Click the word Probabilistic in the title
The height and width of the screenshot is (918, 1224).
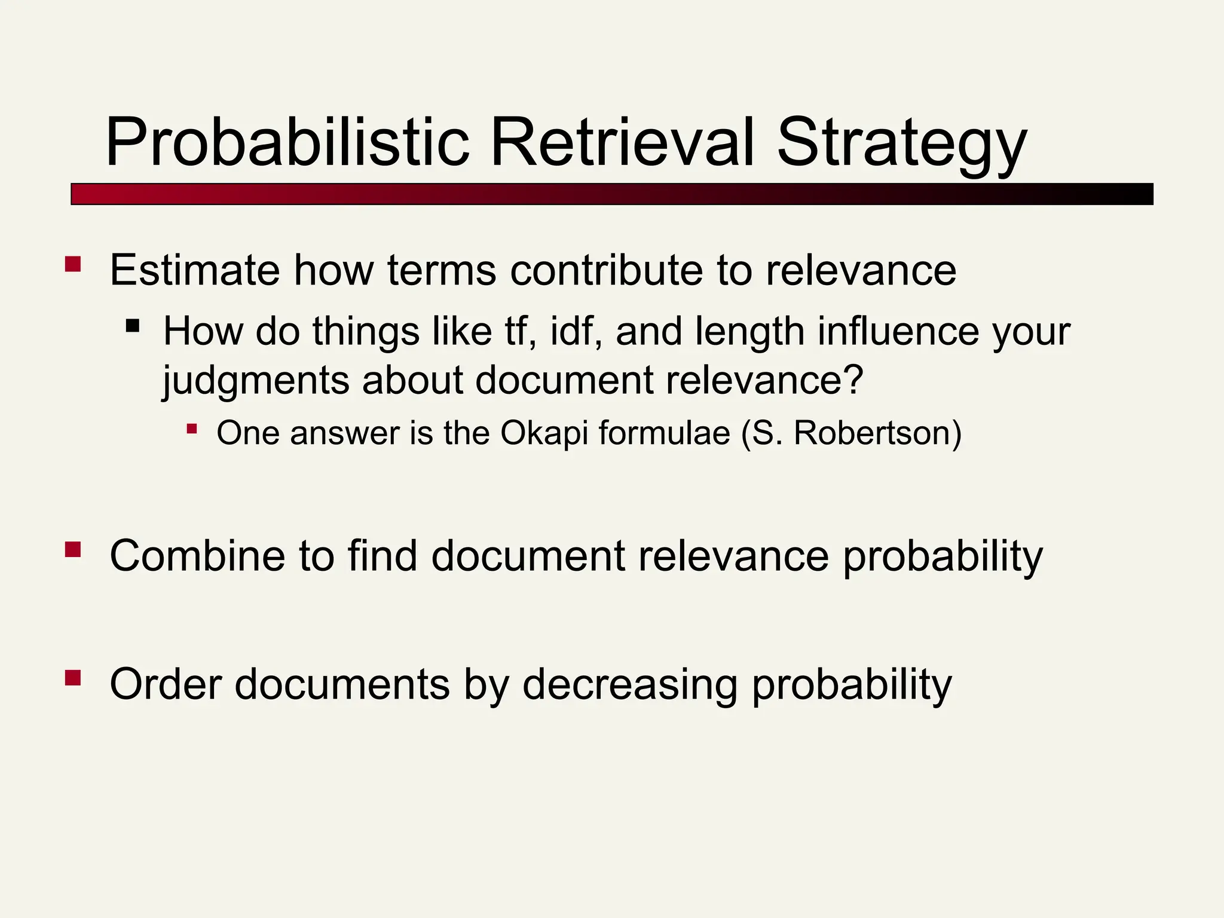coord(287,143)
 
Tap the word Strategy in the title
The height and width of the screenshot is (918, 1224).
coord(901,143)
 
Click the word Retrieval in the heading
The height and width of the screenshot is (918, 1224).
coord(622,143)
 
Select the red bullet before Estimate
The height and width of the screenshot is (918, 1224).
coord(73,264)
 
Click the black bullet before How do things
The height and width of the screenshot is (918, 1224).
coord(133,326)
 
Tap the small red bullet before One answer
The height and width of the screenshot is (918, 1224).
coord(191,429)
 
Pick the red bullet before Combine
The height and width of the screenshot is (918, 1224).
coord(73,549)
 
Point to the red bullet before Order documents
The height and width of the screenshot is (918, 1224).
coord(73,678)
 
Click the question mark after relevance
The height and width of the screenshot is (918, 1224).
coord(854,380)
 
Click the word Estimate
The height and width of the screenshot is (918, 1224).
coord(194,270)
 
